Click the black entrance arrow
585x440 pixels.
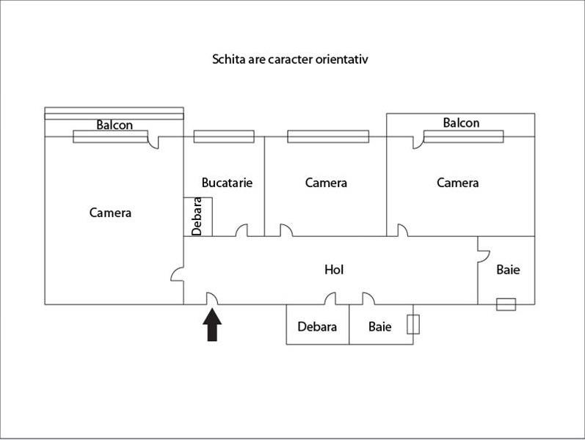pos(212,325)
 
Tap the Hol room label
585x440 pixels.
pos(334,270)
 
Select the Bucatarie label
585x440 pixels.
pos(227,183)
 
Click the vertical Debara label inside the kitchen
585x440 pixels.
pos(197,216)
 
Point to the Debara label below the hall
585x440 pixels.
pos(317,326)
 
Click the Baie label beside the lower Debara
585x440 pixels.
pos(380,326)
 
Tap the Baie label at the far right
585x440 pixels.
pos(508,270)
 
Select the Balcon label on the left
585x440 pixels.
pos(115,125)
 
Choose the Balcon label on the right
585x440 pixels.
pos(461,122)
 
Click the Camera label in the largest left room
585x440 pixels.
pos(110,213)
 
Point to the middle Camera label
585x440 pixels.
pos(326,183)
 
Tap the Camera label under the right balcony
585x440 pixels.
pos(457,183)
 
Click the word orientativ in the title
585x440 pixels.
pos(333,59)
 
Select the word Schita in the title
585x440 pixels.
pos(229,59)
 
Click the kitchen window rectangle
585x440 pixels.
pos(224,136)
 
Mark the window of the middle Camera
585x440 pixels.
pos(328,136)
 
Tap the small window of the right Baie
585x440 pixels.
pos(506,304)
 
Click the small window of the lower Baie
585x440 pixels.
pos(413,325)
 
